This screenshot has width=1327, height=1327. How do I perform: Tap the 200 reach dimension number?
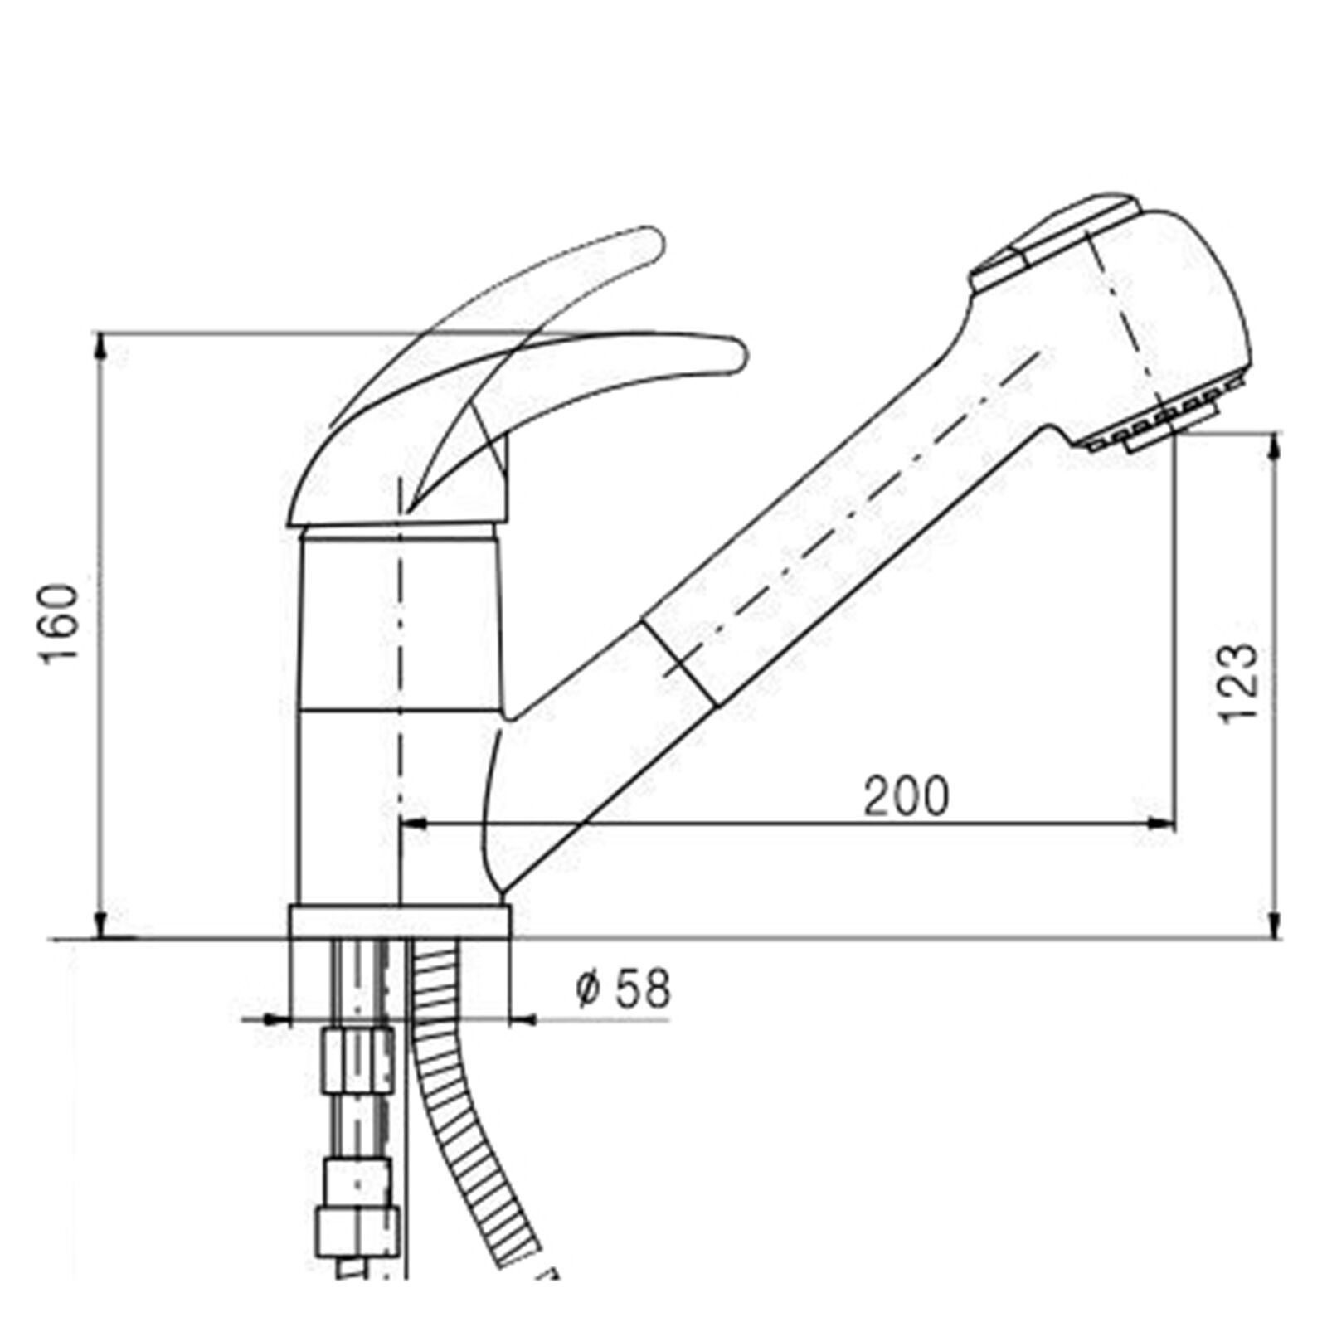[x=906, y=796]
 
